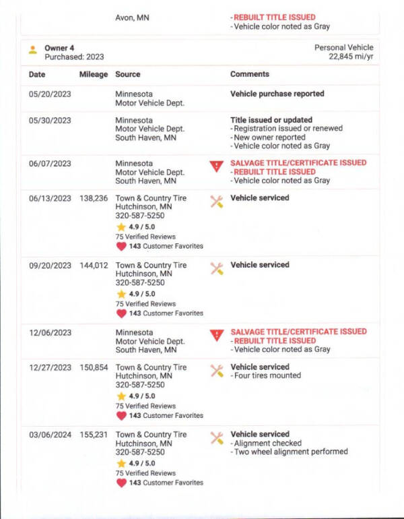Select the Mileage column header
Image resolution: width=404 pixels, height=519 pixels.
(93, 74)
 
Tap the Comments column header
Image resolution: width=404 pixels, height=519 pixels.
(250, 74)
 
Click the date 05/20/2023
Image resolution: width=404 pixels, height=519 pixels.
(49, 94)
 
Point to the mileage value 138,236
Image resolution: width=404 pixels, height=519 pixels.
(93, 198)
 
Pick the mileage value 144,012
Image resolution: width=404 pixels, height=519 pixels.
(93, 266)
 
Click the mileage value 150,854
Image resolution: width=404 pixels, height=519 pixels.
(93, 367)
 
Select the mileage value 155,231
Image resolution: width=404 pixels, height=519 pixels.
(93, 435)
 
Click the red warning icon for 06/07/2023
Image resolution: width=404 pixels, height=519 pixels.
(216, 166)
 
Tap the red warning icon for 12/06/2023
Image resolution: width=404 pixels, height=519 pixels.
(216, 335)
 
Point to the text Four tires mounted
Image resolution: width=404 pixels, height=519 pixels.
(267, 376)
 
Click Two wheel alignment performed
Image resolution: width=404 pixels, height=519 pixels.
(291, 452)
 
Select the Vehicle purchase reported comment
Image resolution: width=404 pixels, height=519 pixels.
(277, 94)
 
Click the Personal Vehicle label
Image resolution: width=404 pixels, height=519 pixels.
(343, 48)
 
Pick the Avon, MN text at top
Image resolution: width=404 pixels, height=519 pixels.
(133, 18)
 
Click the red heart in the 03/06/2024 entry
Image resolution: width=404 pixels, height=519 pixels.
(121, 483)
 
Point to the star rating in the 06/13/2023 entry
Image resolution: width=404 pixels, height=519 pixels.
(121, 227)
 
